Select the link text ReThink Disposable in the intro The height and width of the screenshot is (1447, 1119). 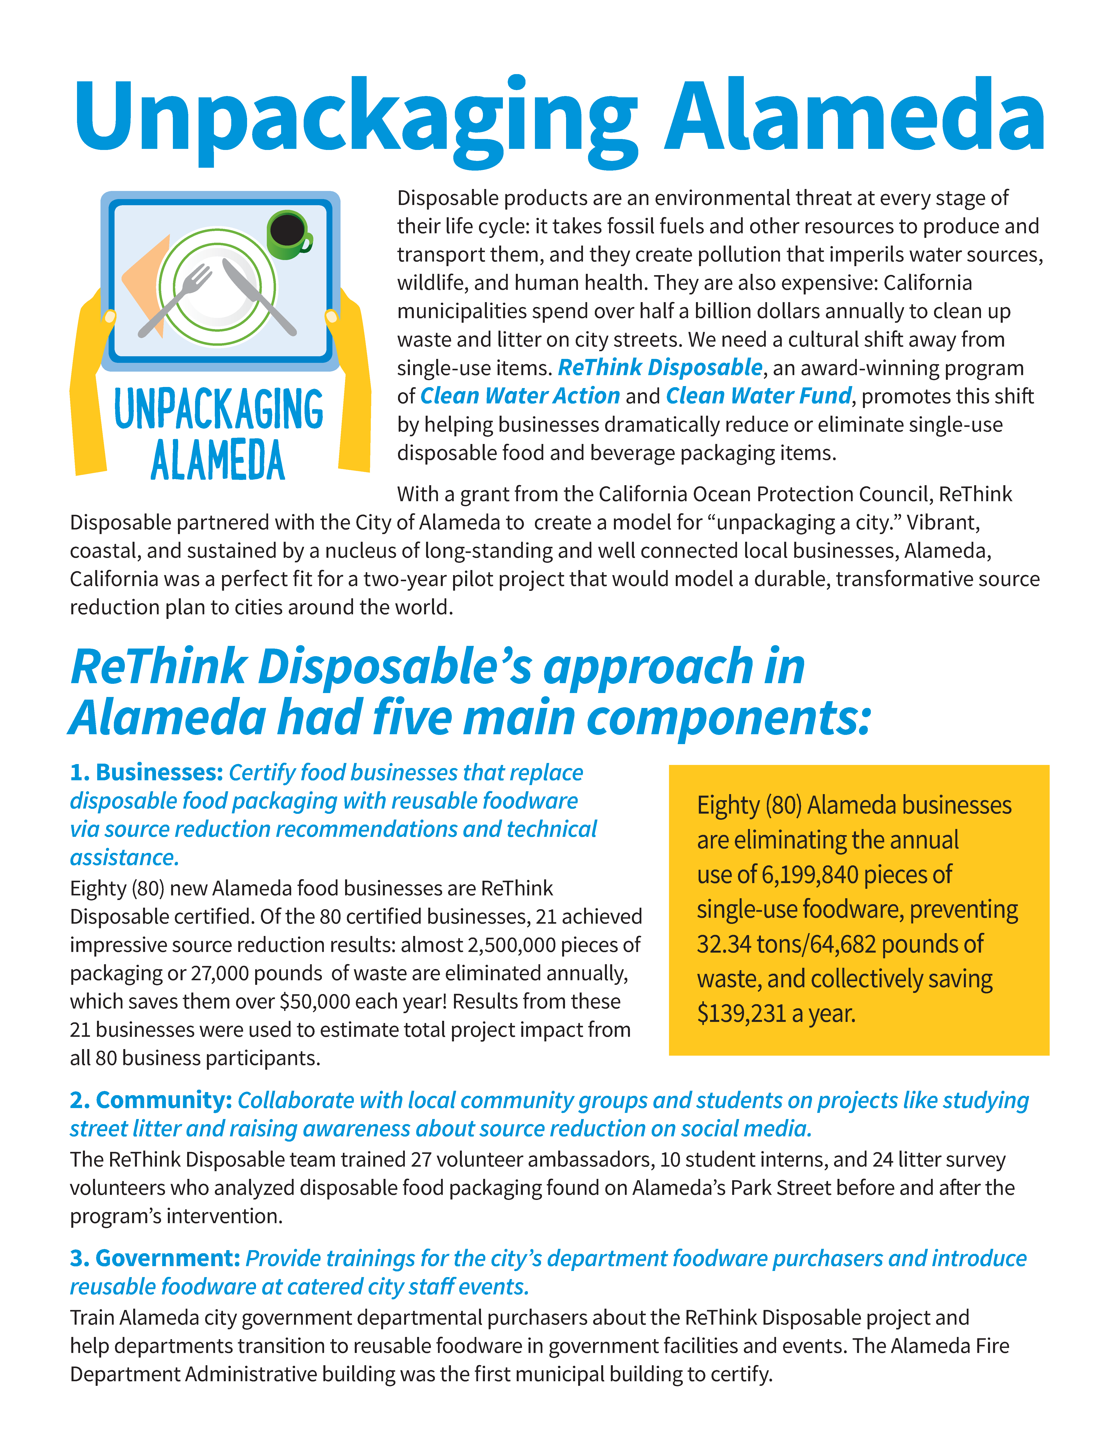click(660, 368)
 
